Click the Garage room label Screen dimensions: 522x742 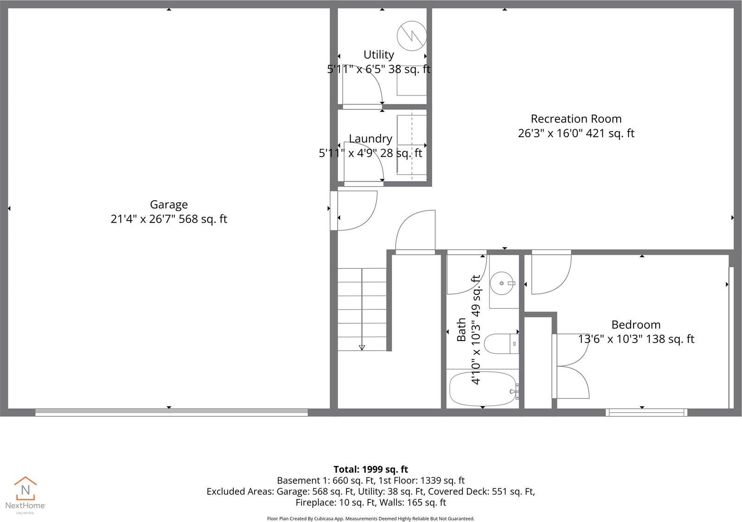169,204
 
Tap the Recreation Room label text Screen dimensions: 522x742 576,119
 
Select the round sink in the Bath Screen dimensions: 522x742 503,283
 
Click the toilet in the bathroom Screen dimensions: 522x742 500,344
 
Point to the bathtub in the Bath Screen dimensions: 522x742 483,388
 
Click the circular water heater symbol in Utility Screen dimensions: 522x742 411,36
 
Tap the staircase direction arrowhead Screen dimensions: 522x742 362,347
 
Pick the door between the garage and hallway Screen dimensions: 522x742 355,211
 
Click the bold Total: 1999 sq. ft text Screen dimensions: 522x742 371,469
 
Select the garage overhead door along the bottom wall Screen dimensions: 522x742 172,412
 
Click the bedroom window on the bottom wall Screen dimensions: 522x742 646,412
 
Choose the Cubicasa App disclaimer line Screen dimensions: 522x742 371,519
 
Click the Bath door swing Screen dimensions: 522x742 464,276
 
